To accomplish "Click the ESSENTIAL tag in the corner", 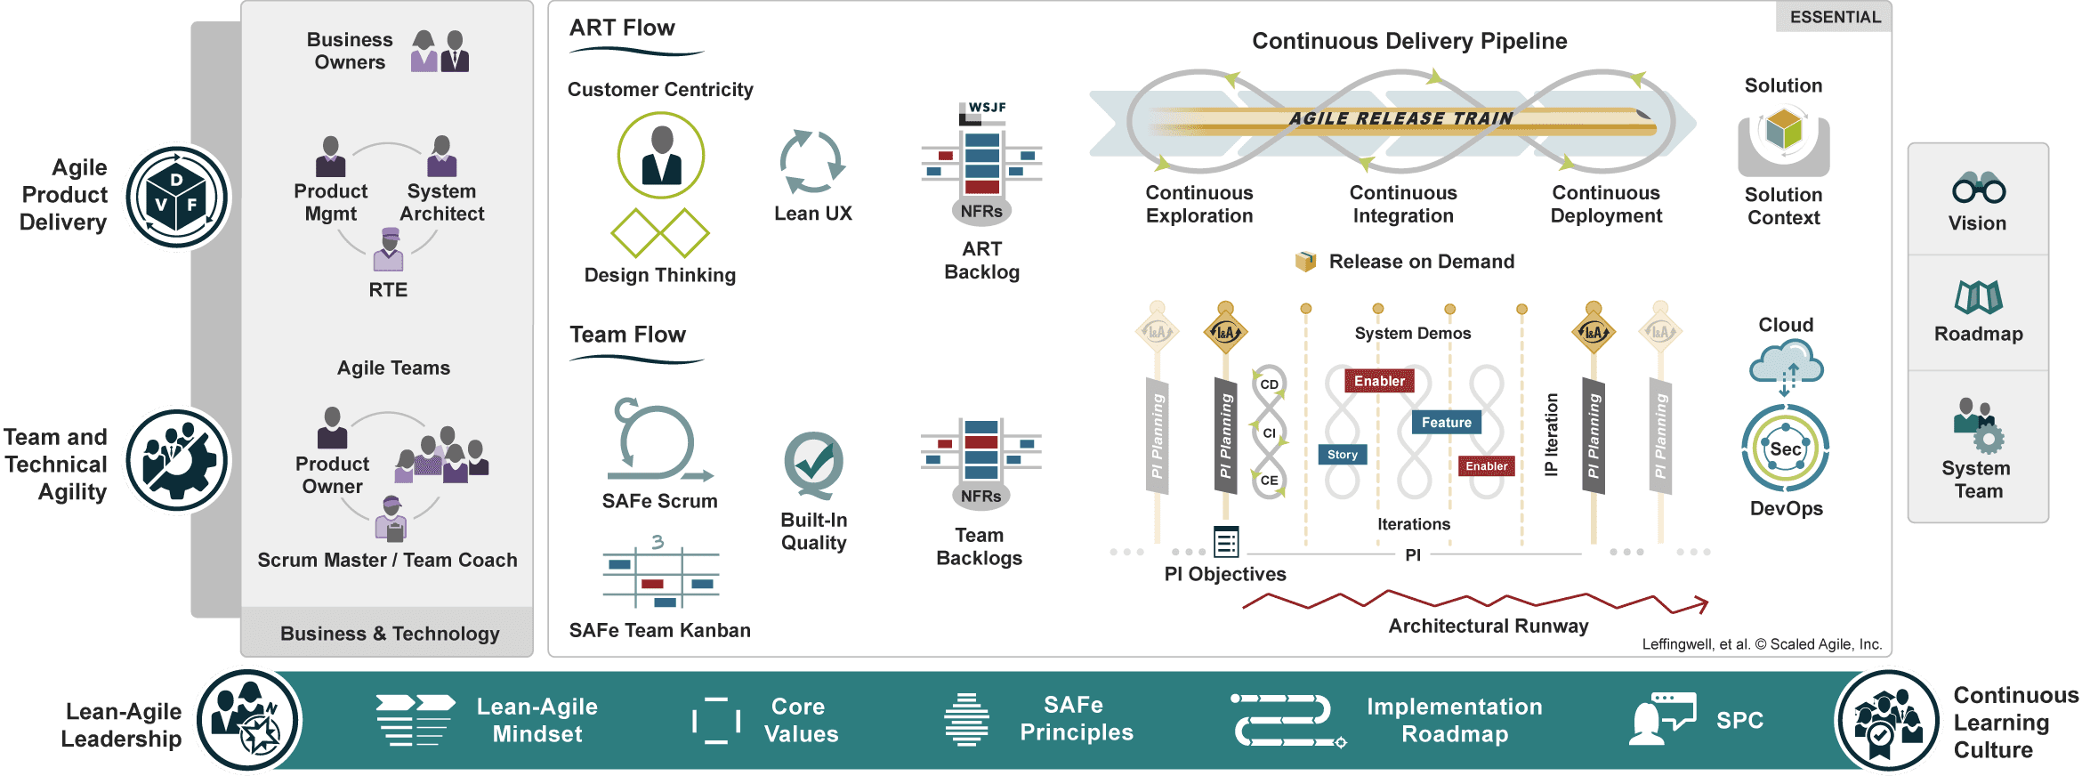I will (x=1835, y=17).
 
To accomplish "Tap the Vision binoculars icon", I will (x=1979, y=189).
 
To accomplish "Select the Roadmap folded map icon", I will (x=1979, y=297).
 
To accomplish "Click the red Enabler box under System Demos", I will (x=1379, y=381).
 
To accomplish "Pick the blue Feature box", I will (x=1446, y=423).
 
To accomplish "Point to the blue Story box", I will (x=1342, y=455).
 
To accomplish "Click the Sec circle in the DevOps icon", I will (x=1785, y=449).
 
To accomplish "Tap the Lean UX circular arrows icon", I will (x=811, y=162).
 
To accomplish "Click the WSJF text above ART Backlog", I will (x=987, y=108).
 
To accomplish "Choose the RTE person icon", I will (x=388, y=250).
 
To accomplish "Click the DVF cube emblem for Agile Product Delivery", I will (x=176, y=197).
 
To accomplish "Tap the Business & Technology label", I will (x=390, y=634).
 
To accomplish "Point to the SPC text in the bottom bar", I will (x=1739, y=720).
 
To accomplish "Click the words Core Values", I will (x=801, y=720).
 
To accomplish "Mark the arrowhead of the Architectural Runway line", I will (x=1702, y=605).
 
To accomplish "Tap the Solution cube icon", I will (x=1784, y=131).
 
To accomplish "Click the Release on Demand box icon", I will (x=1305, y=262).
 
